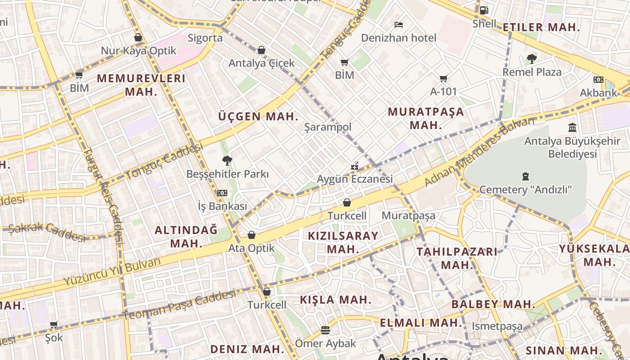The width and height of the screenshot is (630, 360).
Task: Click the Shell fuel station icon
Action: [484, 10]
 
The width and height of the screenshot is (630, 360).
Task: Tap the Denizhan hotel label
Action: [399, 38]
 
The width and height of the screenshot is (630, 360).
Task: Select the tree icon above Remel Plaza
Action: [531, 58]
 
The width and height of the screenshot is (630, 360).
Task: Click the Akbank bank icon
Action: [598, 80]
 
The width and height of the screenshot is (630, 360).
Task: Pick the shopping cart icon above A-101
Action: [443, 79]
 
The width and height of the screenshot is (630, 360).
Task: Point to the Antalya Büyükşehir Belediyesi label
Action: [572, 148]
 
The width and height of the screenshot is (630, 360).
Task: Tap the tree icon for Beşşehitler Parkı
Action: [227, 160]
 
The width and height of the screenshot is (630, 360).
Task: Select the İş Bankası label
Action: [222, 206]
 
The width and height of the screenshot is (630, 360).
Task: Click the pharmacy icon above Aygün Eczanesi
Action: [355, 166]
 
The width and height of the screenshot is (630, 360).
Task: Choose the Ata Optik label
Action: [251, 248]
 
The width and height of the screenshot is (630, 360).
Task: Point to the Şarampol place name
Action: [328, 127]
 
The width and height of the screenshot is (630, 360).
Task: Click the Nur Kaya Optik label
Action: [139, 51]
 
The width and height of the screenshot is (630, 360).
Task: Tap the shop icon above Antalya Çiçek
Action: [261, 50]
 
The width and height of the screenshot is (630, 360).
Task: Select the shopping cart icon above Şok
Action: [54, 324]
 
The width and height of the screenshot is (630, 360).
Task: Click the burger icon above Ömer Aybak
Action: [325, 330]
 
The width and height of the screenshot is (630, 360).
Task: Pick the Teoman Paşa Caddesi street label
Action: [179, 305]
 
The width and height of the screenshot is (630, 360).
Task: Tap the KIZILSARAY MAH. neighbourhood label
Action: [343, 242]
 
